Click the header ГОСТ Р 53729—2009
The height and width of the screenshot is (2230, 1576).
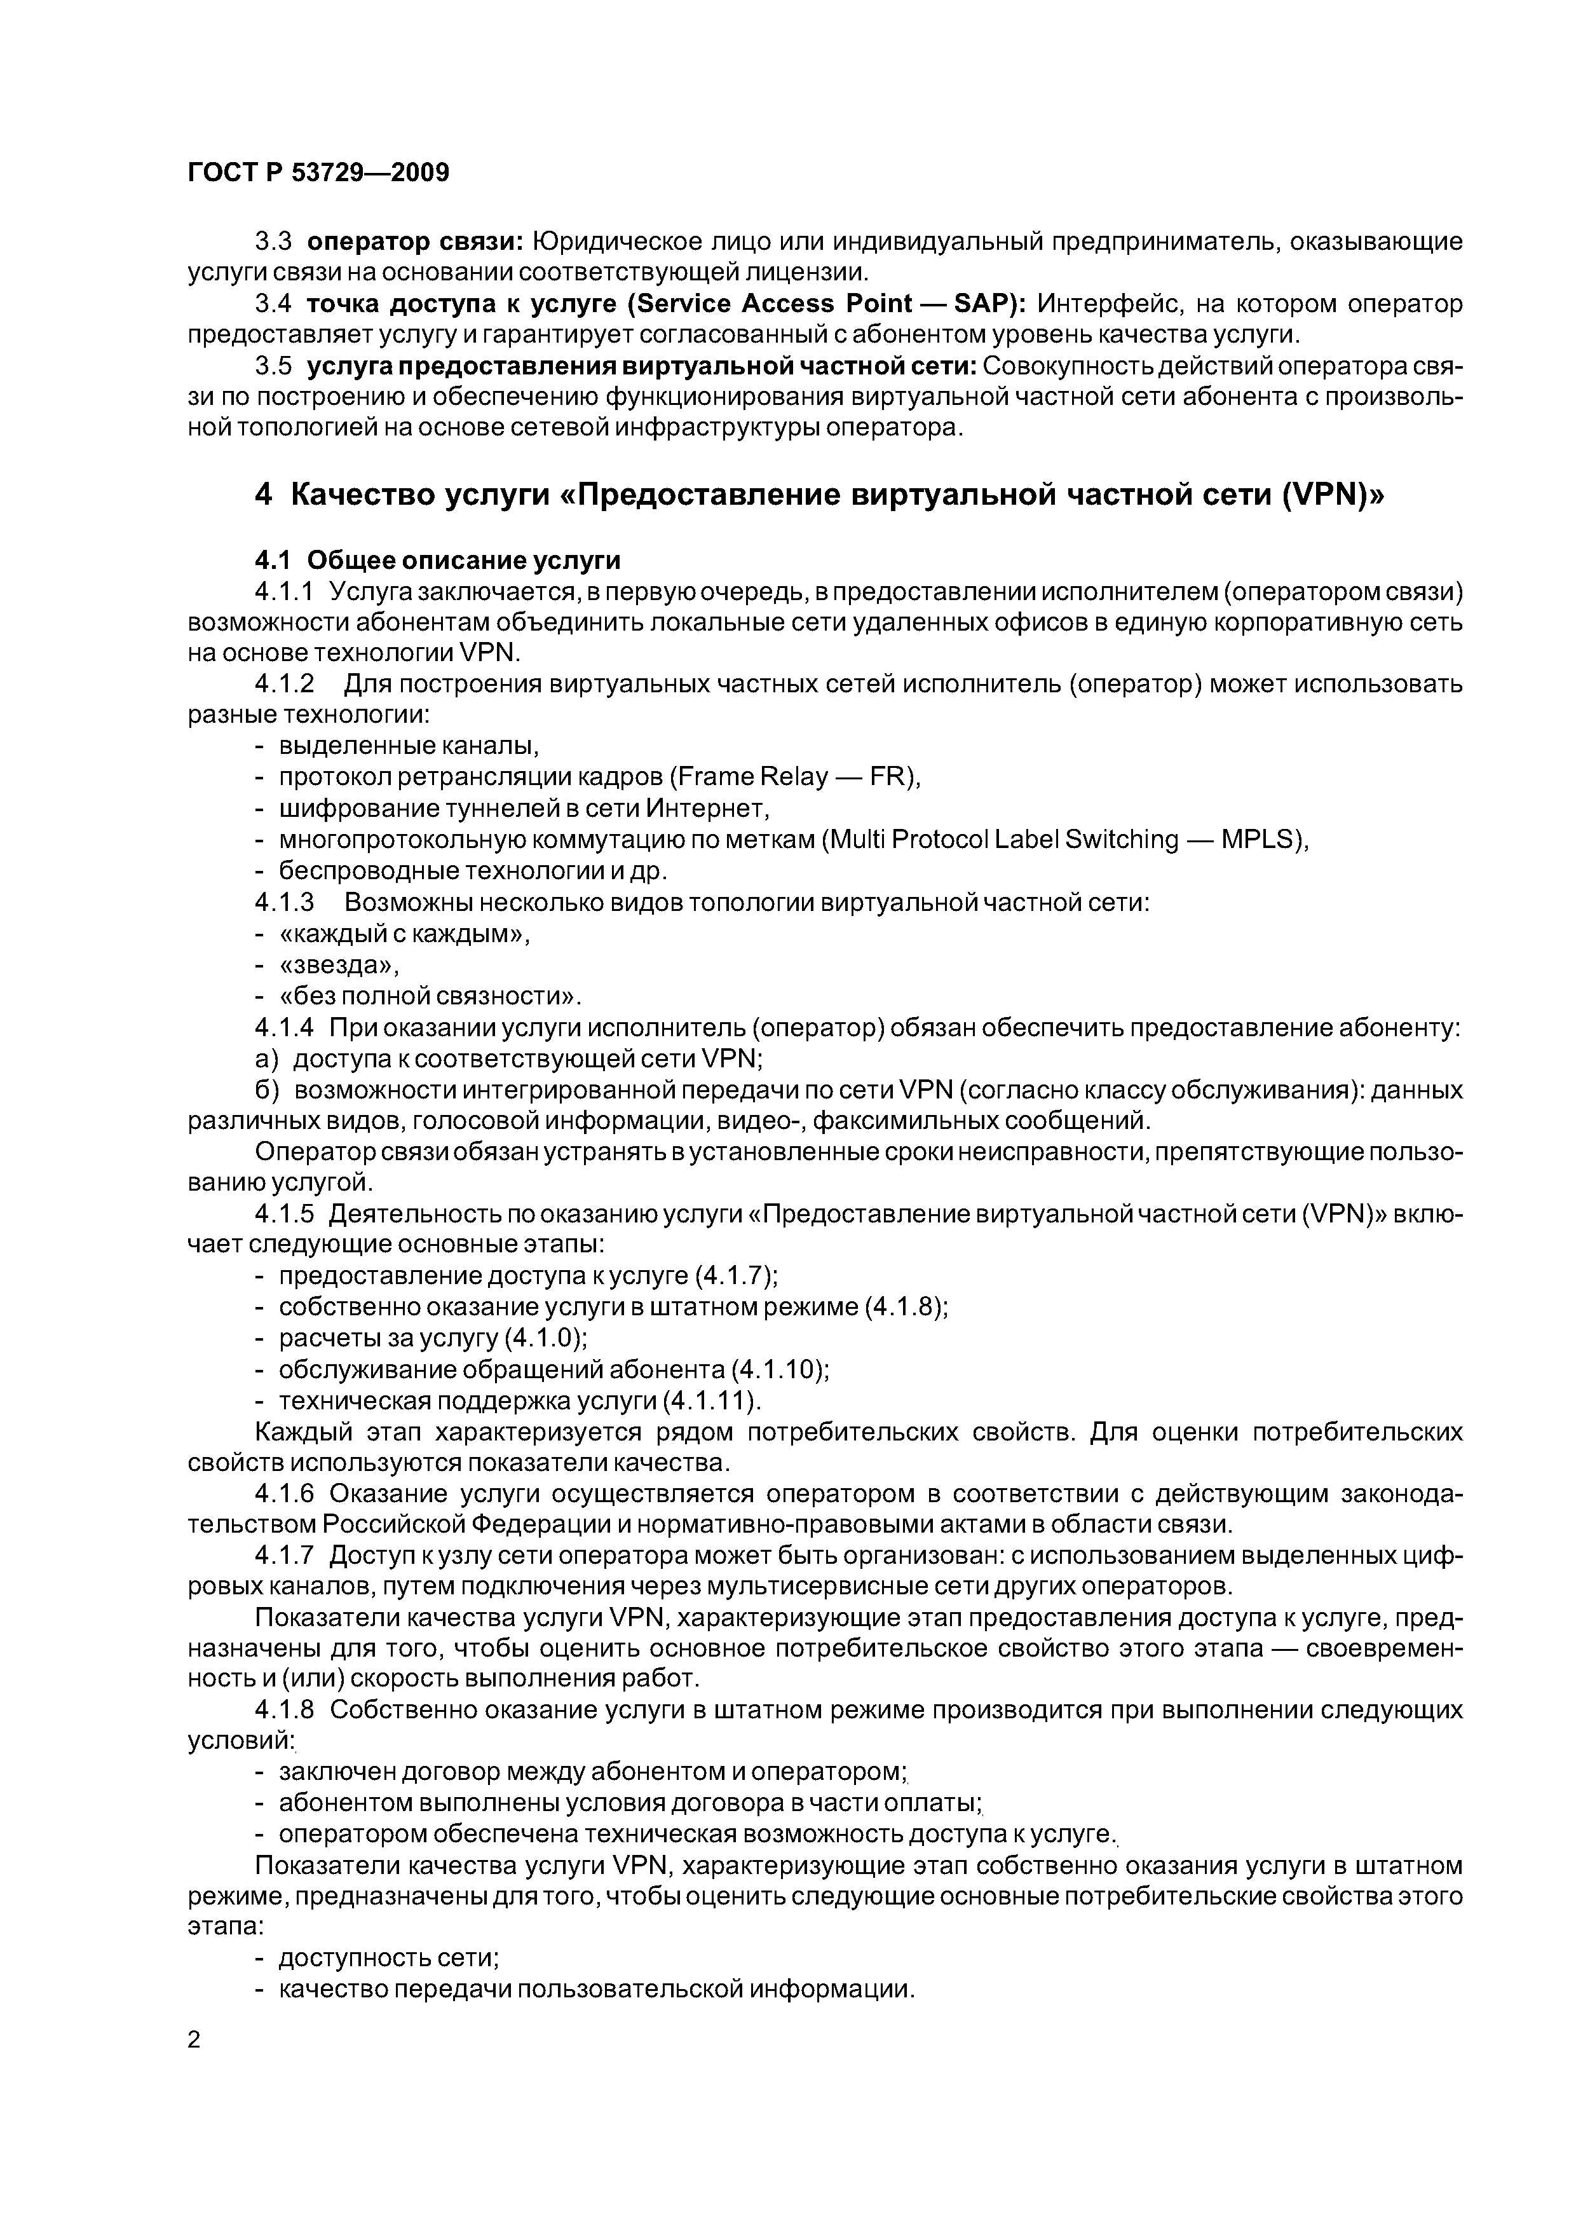point(318,173)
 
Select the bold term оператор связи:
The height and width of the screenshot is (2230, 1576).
point(423,241)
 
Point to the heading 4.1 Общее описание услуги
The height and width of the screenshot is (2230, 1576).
point(437,561)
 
